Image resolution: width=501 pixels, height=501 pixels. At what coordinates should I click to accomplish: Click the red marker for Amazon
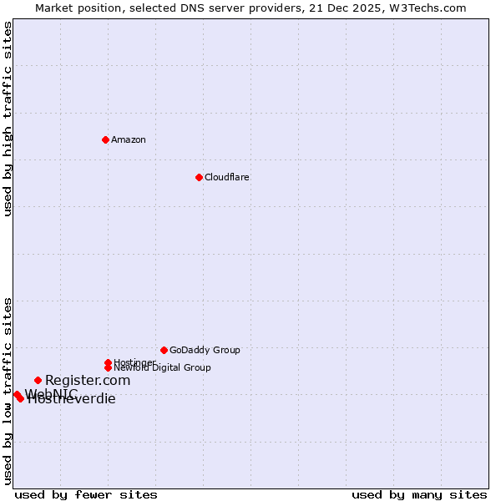pos(105,139)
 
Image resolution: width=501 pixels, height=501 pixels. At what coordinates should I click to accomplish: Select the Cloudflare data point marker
pos(199,177)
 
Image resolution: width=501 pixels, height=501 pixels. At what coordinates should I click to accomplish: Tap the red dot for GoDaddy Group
pos(164,350)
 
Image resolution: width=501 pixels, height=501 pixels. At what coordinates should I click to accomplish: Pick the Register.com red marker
pos(38,380)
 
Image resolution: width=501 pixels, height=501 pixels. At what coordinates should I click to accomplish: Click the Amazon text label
pos(129,139)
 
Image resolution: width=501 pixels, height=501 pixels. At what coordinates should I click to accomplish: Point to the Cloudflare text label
pos(227,177)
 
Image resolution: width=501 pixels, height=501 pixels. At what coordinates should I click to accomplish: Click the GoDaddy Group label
pos(205,350)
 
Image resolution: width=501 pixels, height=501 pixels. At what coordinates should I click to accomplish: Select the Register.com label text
pos(88,380)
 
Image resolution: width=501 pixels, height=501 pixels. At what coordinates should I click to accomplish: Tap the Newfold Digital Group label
pos(163,367)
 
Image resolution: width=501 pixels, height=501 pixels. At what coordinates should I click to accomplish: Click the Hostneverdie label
pos(72,399)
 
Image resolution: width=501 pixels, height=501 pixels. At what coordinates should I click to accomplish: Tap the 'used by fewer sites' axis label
pos(86,494)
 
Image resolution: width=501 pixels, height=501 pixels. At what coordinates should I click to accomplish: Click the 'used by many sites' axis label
pos(419,494)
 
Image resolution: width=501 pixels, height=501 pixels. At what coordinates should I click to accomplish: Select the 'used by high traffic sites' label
pos(8,119)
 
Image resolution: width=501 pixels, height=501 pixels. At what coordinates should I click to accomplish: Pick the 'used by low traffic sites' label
pos(8,391)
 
